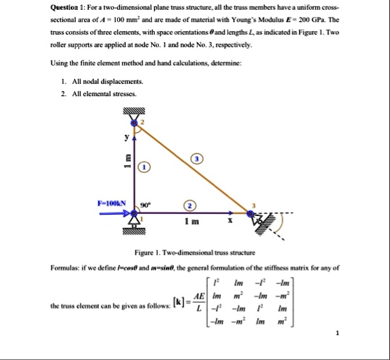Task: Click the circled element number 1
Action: point(143,167)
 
